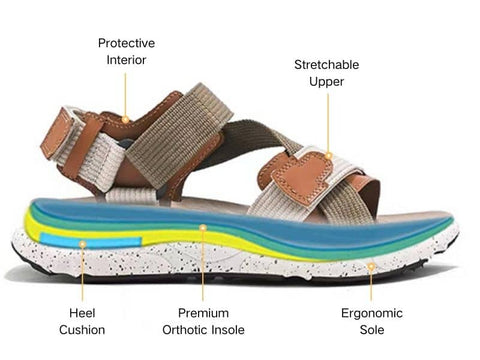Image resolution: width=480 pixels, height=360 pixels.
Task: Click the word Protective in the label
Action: (126, 43)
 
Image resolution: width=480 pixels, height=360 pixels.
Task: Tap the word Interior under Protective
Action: (126, 60)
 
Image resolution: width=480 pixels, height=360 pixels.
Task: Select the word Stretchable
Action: (326, 65)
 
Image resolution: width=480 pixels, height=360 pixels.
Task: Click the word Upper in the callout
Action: (326, 83)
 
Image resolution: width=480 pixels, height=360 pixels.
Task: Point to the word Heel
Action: (82, 312)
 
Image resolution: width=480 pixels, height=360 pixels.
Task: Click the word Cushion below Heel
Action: (82, 329)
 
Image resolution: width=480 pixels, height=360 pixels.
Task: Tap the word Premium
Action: (203, 312)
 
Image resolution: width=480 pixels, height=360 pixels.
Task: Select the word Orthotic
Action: (186, 329)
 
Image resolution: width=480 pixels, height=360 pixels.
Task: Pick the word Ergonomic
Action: (371, 312)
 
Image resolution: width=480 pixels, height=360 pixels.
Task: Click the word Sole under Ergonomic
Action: (371, 329)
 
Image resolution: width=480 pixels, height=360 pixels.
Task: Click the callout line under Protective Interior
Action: (126, 95)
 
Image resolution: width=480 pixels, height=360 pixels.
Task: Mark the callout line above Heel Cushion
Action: (82, 270)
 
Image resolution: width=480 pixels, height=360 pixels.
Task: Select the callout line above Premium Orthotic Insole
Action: (203, 262)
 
